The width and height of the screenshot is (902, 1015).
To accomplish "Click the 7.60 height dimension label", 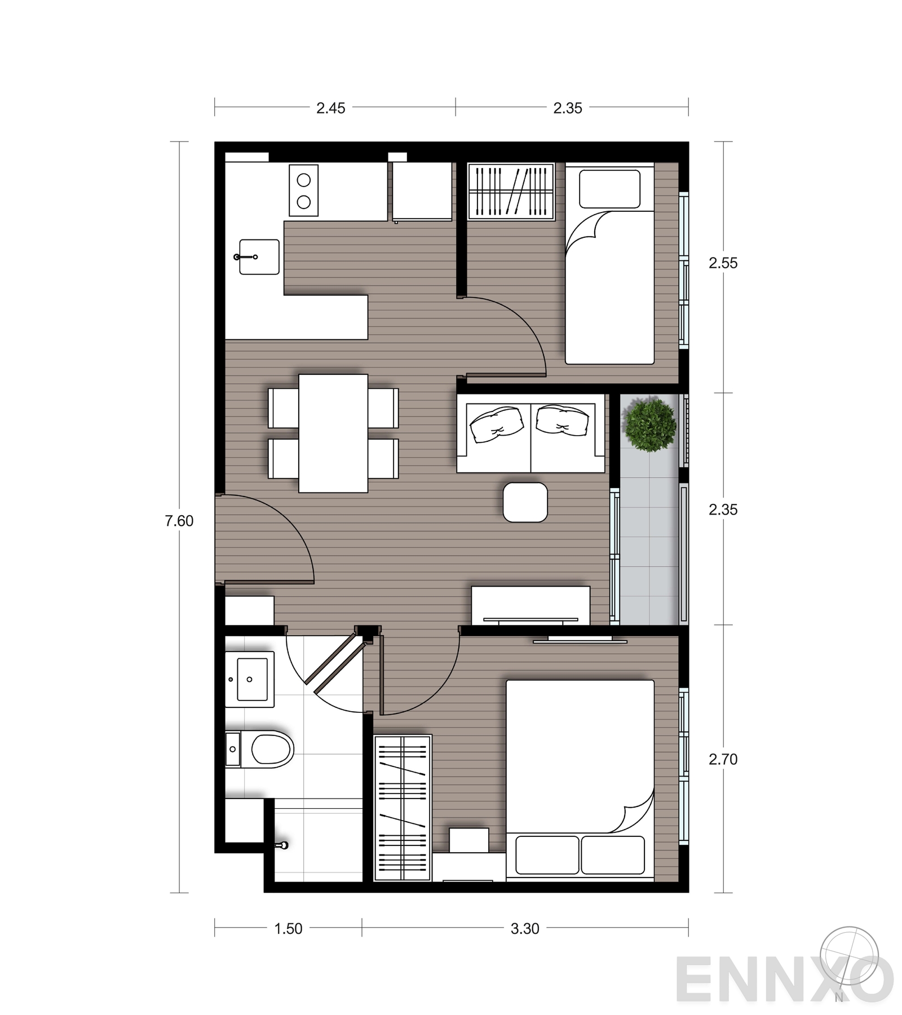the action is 179,521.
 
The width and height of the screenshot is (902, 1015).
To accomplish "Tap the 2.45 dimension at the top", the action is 330,108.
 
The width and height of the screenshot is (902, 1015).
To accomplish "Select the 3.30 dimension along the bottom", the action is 525,928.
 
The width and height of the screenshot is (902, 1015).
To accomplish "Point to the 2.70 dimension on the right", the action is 723,759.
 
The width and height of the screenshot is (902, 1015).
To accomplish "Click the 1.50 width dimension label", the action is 288,928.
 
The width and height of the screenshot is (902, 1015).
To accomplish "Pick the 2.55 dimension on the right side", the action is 723,263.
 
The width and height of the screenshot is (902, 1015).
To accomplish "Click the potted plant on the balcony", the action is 649,425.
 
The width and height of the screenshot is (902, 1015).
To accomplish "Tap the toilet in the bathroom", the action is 259,750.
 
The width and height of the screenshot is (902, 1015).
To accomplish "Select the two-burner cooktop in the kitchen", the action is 304,190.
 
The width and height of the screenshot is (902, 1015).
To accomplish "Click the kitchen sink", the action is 259,257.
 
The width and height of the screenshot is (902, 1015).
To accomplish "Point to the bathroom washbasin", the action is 250,680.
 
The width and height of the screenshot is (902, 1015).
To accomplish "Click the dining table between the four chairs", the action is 333,433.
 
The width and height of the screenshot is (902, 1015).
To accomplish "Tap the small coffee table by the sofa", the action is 525,502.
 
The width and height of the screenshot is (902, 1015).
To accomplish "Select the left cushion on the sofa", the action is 497,424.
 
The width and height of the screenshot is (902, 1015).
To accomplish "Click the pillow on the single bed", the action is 610,189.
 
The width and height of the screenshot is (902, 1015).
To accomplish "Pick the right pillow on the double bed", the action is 613,855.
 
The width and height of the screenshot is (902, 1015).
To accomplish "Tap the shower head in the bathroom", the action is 282,845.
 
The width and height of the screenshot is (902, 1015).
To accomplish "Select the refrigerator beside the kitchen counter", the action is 422,191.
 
